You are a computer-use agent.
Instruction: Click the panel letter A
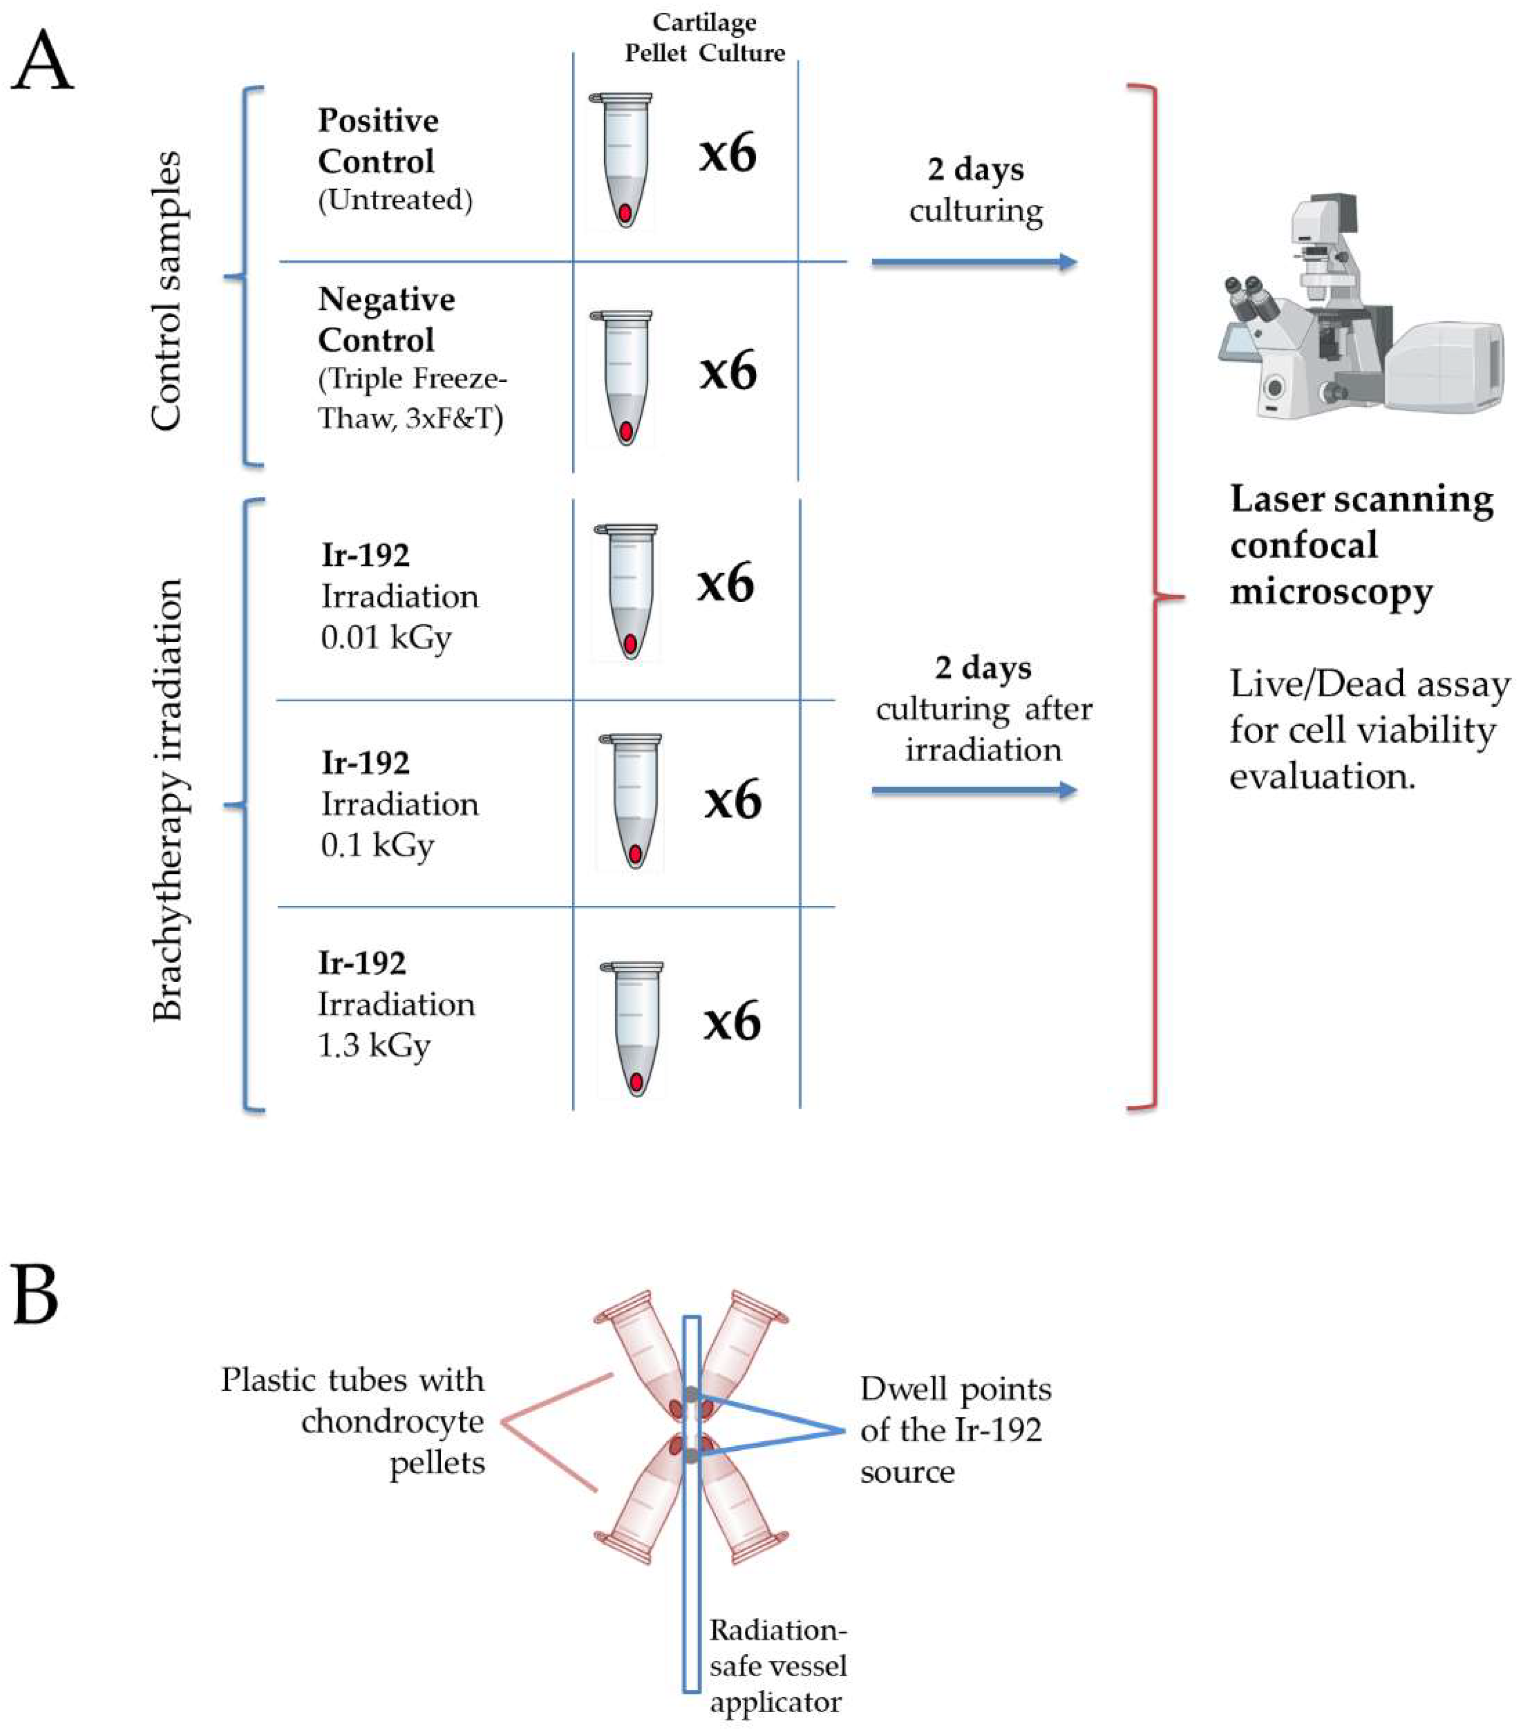(42, 61)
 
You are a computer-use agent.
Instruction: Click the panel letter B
(36, 1295)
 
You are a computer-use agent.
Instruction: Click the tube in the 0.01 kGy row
(627, 591)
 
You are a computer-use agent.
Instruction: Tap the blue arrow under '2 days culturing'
(974, 262)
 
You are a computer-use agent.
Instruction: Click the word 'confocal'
(1303, 545)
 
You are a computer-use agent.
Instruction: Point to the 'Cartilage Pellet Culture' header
(705, 38)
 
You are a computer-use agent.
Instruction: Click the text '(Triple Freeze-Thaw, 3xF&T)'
(411, 398)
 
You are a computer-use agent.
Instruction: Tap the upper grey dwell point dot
(692, 1394)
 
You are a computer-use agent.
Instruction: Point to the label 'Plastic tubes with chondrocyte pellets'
(353, 1421)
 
